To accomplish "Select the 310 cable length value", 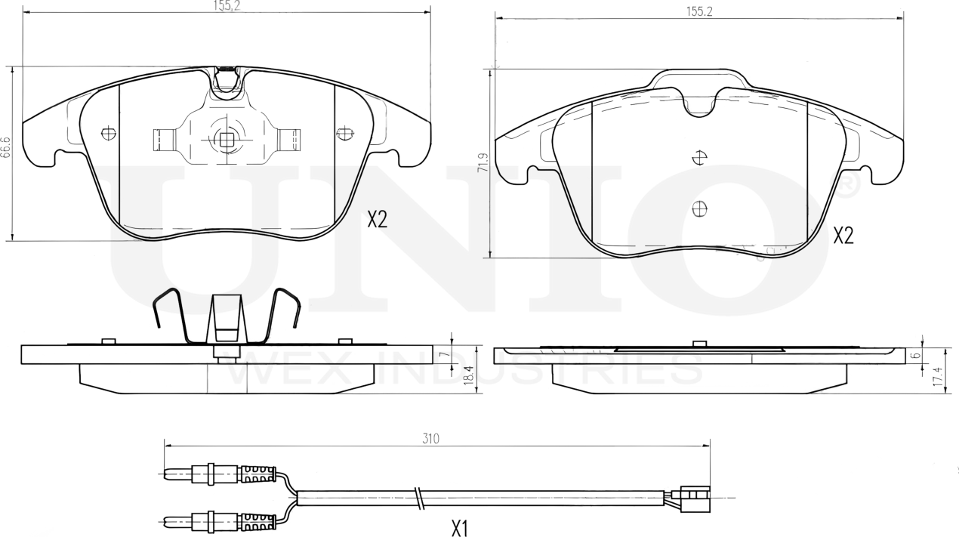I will coord(431,438).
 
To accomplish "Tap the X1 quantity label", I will coord(459,529).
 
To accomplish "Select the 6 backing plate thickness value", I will coord(914,354).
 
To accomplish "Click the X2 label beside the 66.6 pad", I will coord(377,220).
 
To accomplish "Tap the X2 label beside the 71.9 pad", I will coord(843,236).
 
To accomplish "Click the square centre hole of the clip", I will coord(226,138).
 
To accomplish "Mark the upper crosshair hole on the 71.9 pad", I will coord(700,158).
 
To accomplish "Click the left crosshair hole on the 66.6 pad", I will coord(108,134).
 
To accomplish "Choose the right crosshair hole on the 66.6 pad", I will coord(345,134).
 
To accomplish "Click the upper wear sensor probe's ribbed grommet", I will coord(257,474).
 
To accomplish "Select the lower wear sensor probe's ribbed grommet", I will coord(257,521).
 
